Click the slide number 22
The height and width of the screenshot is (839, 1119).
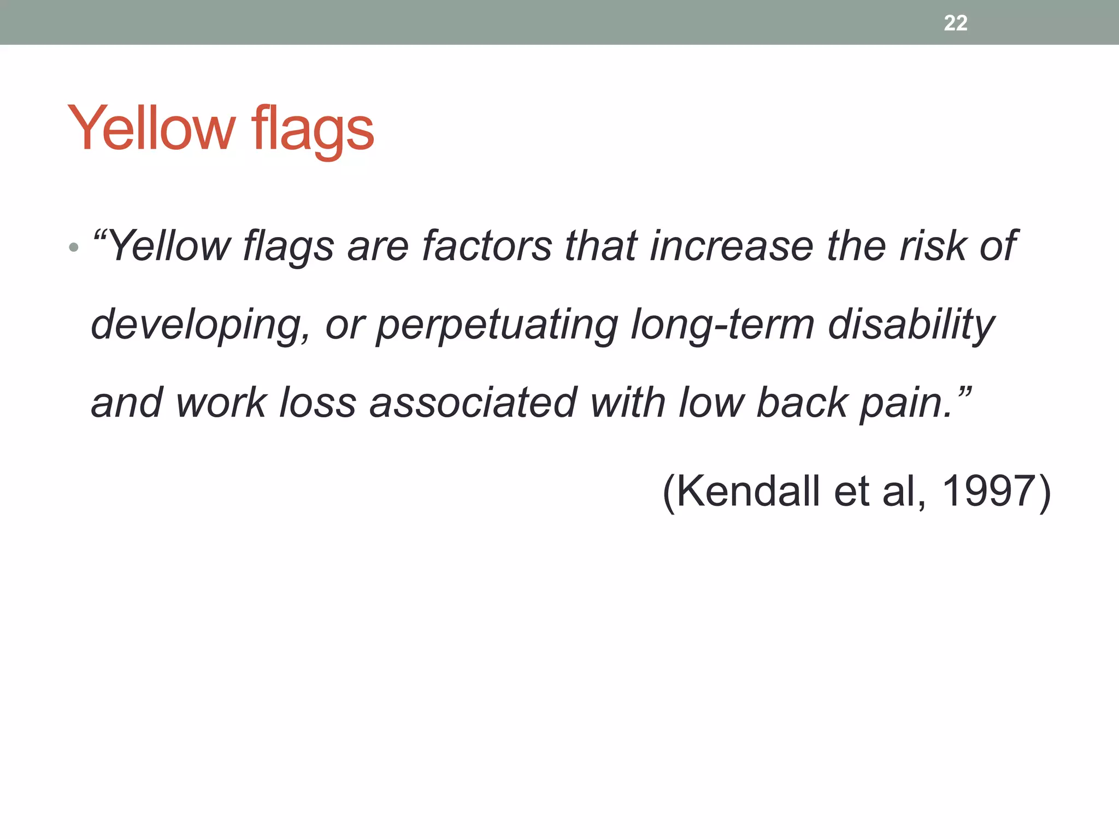[955, 23]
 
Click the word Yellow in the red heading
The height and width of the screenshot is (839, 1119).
[151, 128]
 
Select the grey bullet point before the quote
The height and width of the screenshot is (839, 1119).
[74, 249]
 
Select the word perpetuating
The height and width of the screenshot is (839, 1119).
[497, 325]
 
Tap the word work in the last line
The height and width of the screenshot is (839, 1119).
[221, 403]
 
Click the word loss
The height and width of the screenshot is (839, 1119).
[317, 403]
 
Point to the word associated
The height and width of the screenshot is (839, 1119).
[473, 403]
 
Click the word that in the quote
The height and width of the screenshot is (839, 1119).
[600, 246]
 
